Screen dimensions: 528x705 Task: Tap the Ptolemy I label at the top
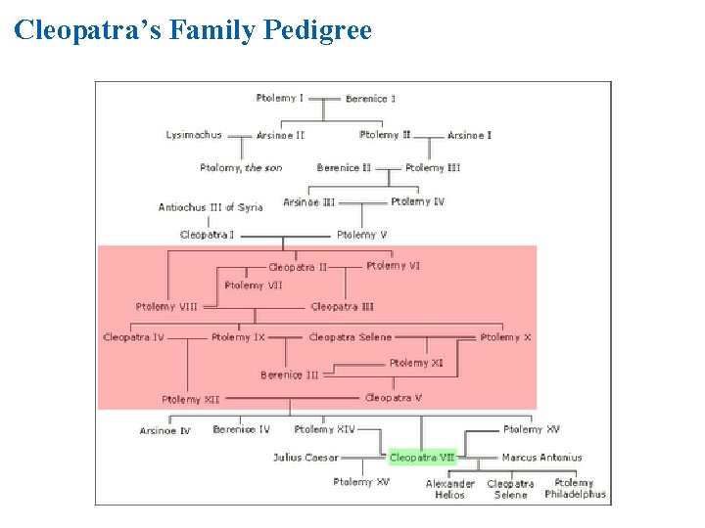tap(280, 98)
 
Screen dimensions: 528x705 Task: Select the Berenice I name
tap(371, 99)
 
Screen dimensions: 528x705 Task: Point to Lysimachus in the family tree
tap(194, 135)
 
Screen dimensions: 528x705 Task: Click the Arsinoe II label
tap(281, 136)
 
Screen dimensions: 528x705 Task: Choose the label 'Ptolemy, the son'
tap(241, 168)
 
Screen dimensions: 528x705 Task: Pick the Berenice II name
tap(344, 168)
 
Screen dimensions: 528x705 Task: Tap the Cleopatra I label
tap(207, 235)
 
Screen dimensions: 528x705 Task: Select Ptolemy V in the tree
tap(362, 235)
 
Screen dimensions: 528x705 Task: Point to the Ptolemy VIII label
tap(166, 307)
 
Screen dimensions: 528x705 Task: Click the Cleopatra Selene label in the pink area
tap(351, 337)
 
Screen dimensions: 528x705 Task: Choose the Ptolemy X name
tap(506, 337)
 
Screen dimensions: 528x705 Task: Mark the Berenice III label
tap(290, 375)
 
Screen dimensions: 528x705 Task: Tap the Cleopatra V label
tap(394, 398)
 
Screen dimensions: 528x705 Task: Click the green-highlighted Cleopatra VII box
tap(422, 458)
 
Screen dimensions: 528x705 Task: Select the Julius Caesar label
tap(305, 458)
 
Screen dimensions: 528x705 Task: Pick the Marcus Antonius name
tap(541, 458)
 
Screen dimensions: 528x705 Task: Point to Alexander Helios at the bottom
tap(450, 489)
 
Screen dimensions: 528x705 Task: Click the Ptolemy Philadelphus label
tap(575, 489)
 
